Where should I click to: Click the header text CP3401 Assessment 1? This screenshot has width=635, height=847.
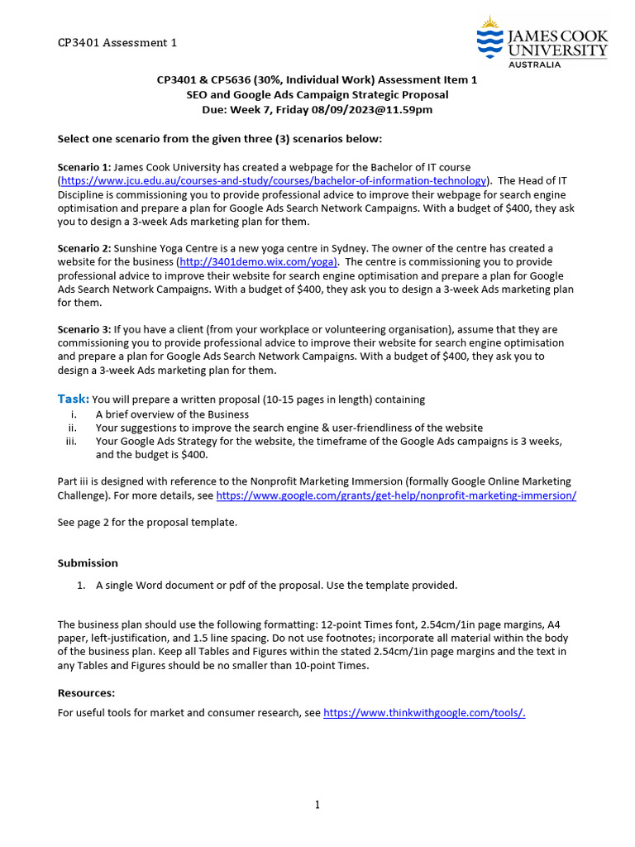coord(117,43)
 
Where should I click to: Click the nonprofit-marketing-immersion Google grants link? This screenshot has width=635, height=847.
coord(396,495)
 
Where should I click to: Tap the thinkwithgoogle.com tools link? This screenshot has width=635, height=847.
coord(424,712)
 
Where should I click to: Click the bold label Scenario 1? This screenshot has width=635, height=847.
coord(84,167)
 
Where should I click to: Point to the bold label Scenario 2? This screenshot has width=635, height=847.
coord(84,248)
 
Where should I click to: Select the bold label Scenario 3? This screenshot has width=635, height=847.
coord(84,329)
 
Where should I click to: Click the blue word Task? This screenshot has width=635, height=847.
coord(73,399)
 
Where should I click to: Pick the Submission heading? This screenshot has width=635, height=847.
coord(88,563)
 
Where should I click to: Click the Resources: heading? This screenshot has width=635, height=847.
coord(86,693)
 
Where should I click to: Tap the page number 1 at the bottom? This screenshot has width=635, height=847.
coord(317,805)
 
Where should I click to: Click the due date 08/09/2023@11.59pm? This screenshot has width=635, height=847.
coord(364,109)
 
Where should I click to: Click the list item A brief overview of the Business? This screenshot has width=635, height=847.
coord(172,414)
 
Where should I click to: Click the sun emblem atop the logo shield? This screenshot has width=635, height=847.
coord(490,22)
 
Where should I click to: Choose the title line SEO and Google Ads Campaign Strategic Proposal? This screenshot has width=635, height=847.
coord(317,95)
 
